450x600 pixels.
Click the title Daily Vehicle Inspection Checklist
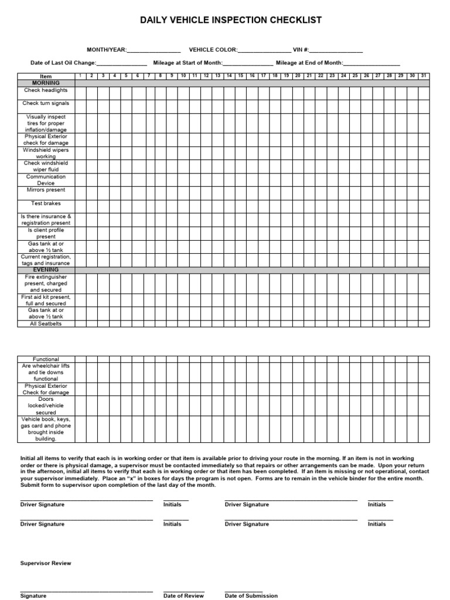[230, 21]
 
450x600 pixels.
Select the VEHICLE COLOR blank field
[264, 50]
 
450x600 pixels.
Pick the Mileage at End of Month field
[371, 63]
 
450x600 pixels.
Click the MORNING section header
[46, 83]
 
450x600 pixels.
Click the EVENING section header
[46, 270]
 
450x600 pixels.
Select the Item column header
[46, 77]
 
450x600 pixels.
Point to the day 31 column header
[424, 76]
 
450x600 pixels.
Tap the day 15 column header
[241, 76]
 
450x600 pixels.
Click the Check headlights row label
[46, 91]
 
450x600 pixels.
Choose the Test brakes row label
[46, 203]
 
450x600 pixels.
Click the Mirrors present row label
[46, 190]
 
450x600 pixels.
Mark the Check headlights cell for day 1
[80, 93]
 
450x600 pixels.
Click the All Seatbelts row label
[46, 324]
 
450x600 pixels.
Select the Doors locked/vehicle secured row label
[46, 405]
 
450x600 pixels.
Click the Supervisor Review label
[46, 563]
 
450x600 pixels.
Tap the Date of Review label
[183, 595]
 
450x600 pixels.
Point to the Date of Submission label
[251, 595]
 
